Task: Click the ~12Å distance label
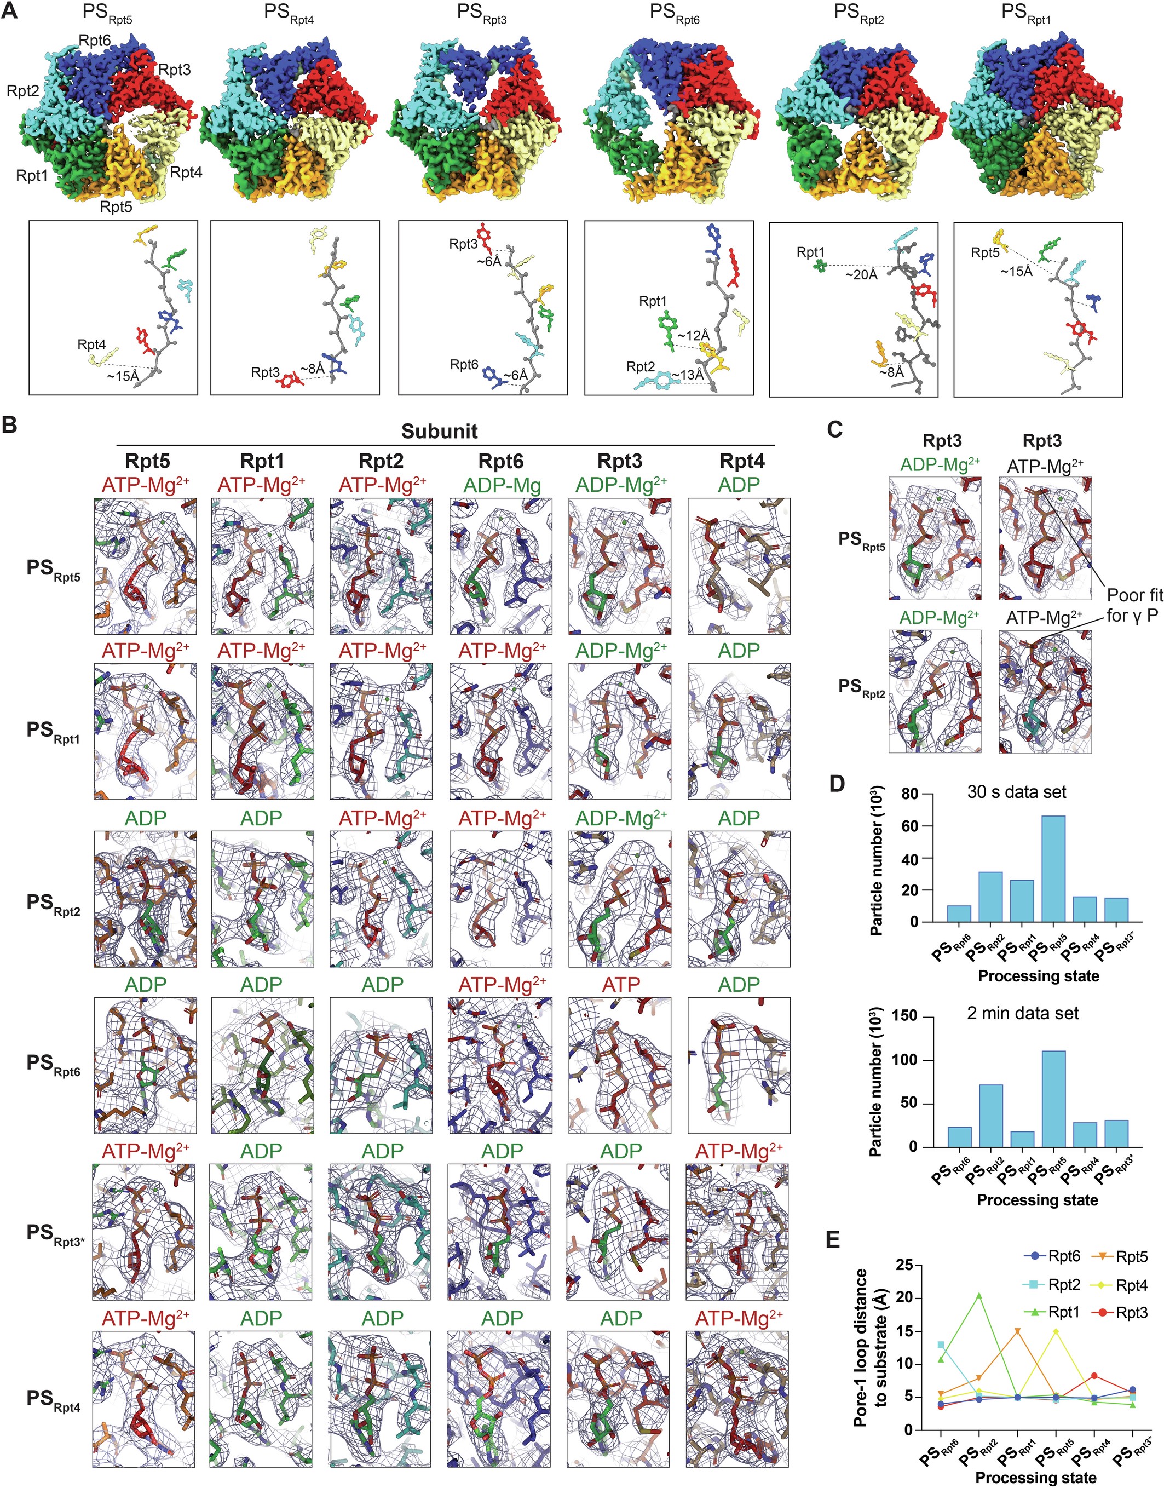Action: click(693, 335)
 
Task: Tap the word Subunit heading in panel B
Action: click(439, 432)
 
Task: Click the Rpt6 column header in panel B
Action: click(501, 462)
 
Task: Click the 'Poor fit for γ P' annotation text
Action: click(1133, 605)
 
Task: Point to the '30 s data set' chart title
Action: click(1016, 792)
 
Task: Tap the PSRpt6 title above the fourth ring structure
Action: click(674, 14)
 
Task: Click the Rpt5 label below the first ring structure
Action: click(116, 206)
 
